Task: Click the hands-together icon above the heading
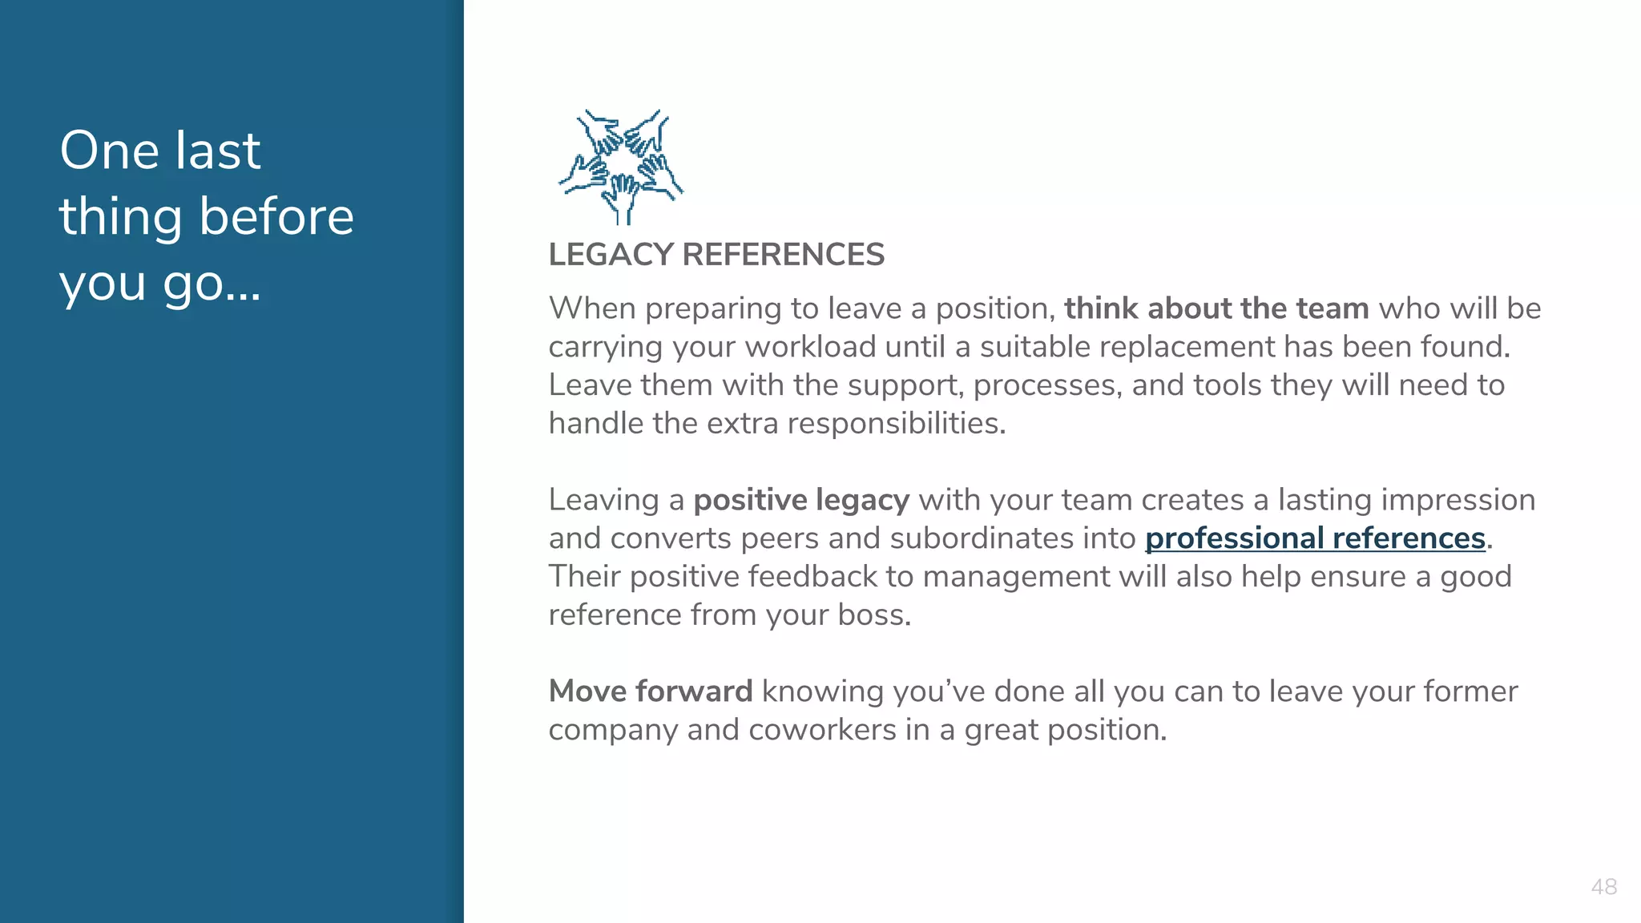pos(621,167)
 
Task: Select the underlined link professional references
pos(1315,538)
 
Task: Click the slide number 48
pos(1603,887)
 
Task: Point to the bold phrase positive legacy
pos(801,500)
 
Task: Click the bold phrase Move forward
pos(651,691)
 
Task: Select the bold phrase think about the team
pos(1216,308)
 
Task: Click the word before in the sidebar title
pos(276,216)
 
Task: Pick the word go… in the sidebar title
pos(212,284)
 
